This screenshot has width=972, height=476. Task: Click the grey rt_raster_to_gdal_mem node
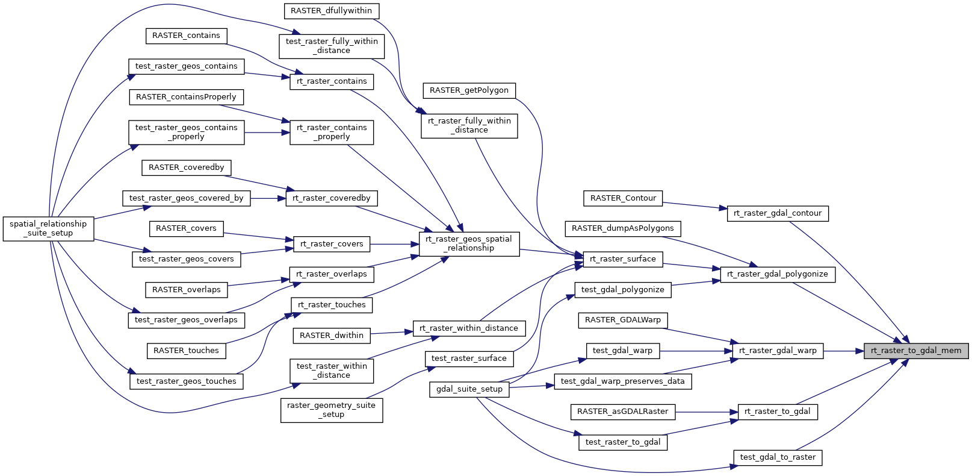pyautogui.click(x=915, y=351)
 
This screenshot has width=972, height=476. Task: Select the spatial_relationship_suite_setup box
pyautogui.click(x=48, y=229)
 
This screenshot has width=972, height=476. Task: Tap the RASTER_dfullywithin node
pyautogui.click(x=331, y=11)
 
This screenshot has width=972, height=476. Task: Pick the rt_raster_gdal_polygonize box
pyautogui.click(x=777, y=274)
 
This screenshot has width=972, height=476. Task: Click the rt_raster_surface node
pyautogui.click(x=622, y=259)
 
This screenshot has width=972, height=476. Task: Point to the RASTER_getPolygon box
pyautogui.click(x=469, y=90)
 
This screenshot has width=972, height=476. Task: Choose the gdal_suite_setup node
pyautogui.click(x=469, y=389)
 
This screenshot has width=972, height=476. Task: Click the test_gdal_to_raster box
pyautogui.click(x=778, y=457)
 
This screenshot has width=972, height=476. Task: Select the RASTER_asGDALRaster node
pyautogui.click(x=622, y=412)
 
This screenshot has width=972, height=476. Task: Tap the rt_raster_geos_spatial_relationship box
pyautogui.click(x=469, y=244)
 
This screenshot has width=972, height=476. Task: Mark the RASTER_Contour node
pyautogui.click(x=622, y=198)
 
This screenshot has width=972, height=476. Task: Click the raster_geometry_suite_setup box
pyautogui.click(x=331, y=410)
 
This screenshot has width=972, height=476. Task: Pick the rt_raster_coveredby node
pyautogui.click(x=331, y=198)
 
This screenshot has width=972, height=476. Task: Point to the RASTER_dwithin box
pyautogui.click(x=331, y=336)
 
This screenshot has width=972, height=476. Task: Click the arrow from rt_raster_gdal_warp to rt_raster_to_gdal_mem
pyautogui.click(x=843, y=351)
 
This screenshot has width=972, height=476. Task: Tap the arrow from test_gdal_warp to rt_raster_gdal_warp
pyautogui.click(x=696, y=351)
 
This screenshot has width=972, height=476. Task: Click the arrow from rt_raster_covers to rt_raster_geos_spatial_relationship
pyautogui.click(x=394, y=244)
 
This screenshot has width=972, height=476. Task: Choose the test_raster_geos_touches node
pyautogui.click(x=186, y=381)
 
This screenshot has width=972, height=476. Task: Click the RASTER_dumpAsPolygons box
pyautogui.click(x=622, y=229)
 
